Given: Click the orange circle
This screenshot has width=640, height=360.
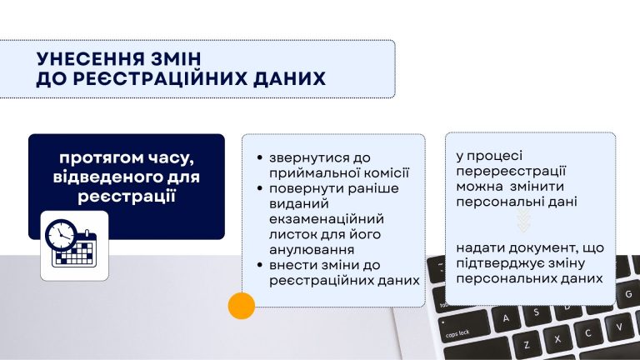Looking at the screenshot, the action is coord(242,306).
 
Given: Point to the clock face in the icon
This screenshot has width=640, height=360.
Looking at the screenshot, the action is coord(61,235).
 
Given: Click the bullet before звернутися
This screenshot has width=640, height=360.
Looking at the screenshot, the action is coord(260,157).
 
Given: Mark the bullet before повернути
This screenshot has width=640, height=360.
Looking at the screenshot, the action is coord(260,188).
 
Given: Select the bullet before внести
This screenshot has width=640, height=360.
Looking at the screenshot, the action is coord(260,265).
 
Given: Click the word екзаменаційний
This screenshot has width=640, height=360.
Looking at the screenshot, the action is coord(327,219).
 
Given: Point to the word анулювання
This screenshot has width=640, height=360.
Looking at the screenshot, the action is coord(312,250).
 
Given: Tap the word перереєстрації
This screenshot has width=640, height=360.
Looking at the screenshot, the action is coord(511,172).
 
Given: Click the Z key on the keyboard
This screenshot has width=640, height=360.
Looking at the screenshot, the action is coord(527,343).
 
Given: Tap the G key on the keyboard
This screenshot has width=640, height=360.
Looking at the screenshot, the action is coord(628,293).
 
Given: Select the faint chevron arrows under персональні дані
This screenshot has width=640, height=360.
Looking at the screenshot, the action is coord(524,220).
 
